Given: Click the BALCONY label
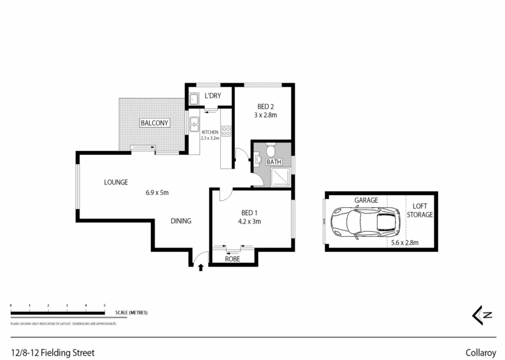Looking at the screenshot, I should tap(155, 123).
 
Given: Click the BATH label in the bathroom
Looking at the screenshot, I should tap(273, 162).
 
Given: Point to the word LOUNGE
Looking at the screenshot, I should tap(116, 183).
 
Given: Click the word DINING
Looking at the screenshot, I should tap(181, 221).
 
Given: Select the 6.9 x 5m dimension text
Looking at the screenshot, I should tap(158, 193).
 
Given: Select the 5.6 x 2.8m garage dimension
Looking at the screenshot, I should tap(403, 242).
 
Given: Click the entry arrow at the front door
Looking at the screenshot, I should tap(201, 268).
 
